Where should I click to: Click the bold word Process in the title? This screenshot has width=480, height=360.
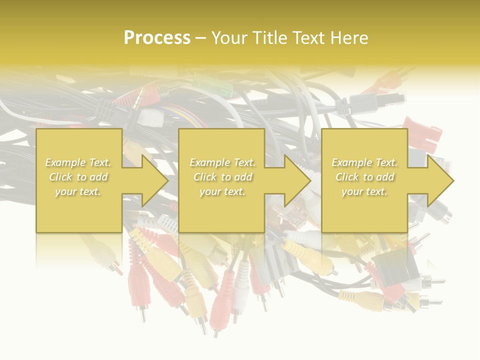point(157,38)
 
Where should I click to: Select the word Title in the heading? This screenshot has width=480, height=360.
point(270,38)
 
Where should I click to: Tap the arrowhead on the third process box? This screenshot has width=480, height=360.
point(439,180)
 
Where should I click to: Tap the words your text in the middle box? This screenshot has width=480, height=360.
point(222,191)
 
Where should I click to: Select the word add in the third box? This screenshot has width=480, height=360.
point(386,177)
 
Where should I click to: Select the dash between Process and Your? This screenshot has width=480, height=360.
point(200,38)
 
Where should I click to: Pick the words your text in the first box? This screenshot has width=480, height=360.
point(78,191)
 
